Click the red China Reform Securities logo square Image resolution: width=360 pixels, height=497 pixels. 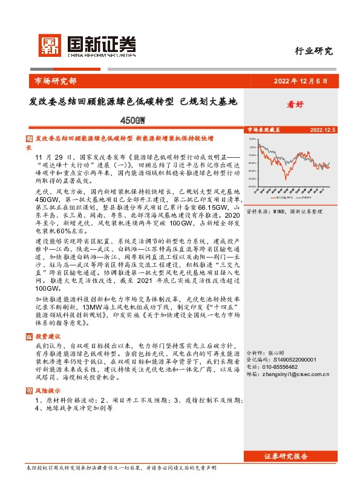pos(50,44)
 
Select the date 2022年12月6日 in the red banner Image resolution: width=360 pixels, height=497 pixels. pos(300,80)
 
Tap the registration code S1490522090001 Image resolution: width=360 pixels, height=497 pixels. pos(295,359)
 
